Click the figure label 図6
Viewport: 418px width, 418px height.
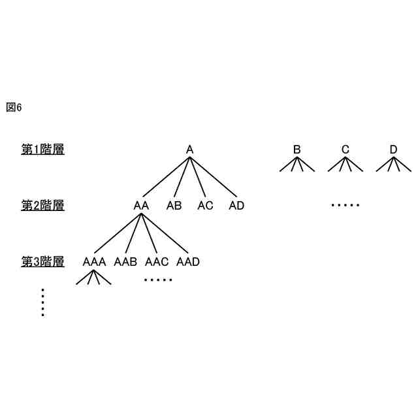pos(14,108)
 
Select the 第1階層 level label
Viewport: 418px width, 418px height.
pos(42,150)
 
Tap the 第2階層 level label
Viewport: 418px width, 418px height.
pos(42,206)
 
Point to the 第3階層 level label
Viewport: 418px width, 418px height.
pos(42,262)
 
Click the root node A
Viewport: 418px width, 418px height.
pos(189,150)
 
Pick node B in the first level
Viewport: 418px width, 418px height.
pos(297,150)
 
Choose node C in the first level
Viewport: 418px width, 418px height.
pos(345,150)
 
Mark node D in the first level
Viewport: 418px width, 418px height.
pos(393,150)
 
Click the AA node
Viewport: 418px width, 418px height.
pos(141,206)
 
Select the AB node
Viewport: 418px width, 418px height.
pos(174,206)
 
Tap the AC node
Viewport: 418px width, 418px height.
pos(205,206)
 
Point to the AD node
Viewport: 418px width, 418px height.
pos(236,206)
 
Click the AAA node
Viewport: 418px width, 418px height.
pos(94,262)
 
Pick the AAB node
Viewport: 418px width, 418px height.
pos(125,262)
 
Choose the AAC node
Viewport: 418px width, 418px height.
pos(157,262)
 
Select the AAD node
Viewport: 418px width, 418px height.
pos(188,262)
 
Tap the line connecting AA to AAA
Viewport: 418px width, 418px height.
pos(118,233)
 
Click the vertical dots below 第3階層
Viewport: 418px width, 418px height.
pos(42,302)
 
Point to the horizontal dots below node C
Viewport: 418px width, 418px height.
pos(345,206)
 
